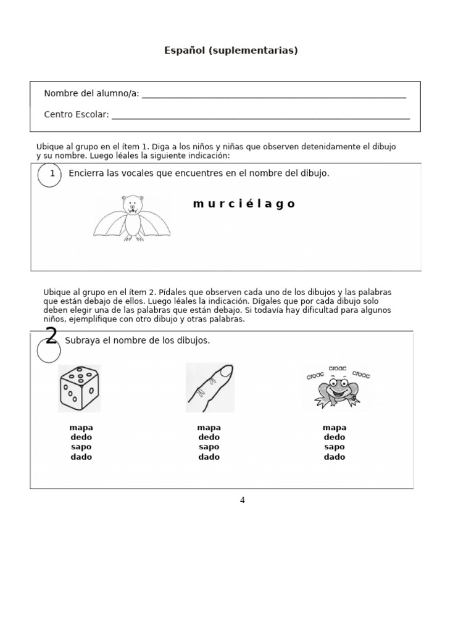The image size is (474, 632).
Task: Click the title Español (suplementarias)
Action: [231, 51]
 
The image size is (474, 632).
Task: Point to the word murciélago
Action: [244, 204]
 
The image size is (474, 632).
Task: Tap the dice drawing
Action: [80, 388]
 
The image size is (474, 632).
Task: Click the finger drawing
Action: [210, 388]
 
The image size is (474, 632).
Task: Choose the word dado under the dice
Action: [81, 457]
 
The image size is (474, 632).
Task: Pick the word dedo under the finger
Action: [209, 438]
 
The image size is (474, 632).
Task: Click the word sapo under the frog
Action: [335, 447]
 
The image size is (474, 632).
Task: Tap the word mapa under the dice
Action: [81, 428]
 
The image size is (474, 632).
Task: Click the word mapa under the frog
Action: [335, 428]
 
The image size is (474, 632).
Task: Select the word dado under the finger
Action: [209, 457]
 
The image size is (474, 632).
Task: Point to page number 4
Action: [242, 501]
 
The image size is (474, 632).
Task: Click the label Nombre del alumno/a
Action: [91, 94]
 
